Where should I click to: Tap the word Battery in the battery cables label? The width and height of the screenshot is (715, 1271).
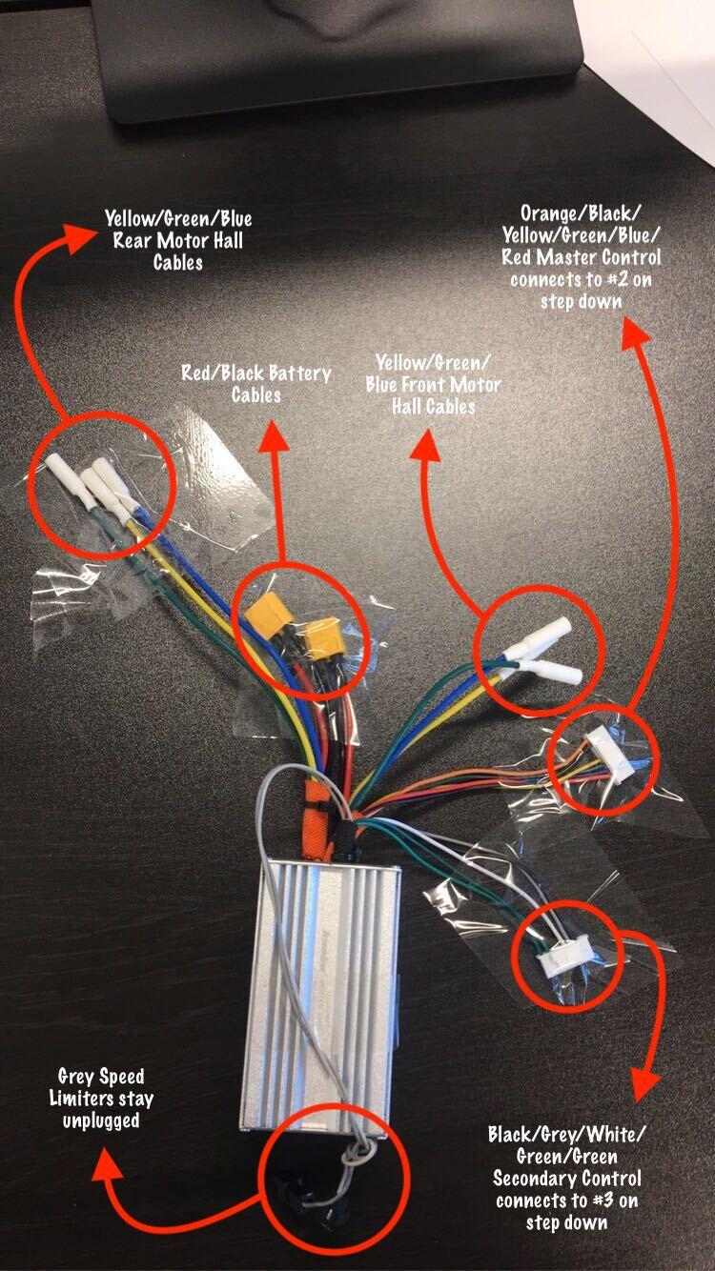(x=300, y=373)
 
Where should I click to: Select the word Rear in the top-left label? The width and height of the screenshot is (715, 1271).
(x=133, y=241)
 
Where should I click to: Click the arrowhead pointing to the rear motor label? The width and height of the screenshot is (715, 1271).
(x=79, y=237)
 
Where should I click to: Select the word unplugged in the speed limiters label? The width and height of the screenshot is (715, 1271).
(x=101, y=1121)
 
